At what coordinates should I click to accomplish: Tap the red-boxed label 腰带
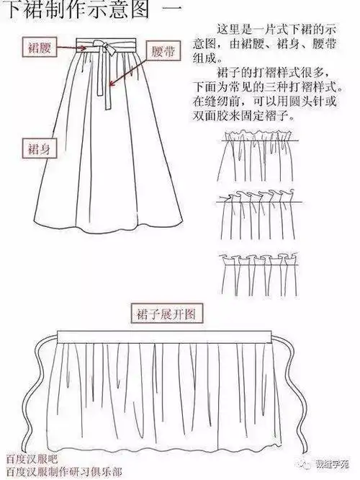(x=160, y=53)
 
